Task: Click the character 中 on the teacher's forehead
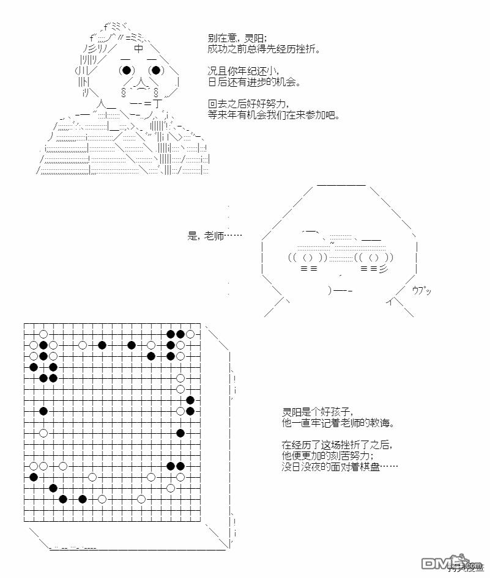(x=139, y=49)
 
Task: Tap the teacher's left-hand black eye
(x=127, y=70)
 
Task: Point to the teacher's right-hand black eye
(x=156, y=70)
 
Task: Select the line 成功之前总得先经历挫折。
(x=263, y=49)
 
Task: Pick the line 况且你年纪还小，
(x=243, y=71)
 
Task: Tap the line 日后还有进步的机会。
(x=254, y=82)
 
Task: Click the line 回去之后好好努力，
(x=248, y=104)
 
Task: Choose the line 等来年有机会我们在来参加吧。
(x=273, y=115)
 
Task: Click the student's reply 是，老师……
(x=215, y=236)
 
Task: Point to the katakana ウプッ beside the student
(x=421, y=290)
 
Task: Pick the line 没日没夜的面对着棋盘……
(x=340, y=467)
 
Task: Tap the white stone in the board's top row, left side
(x=43, y=334)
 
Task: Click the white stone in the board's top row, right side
(x=190, y=334)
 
